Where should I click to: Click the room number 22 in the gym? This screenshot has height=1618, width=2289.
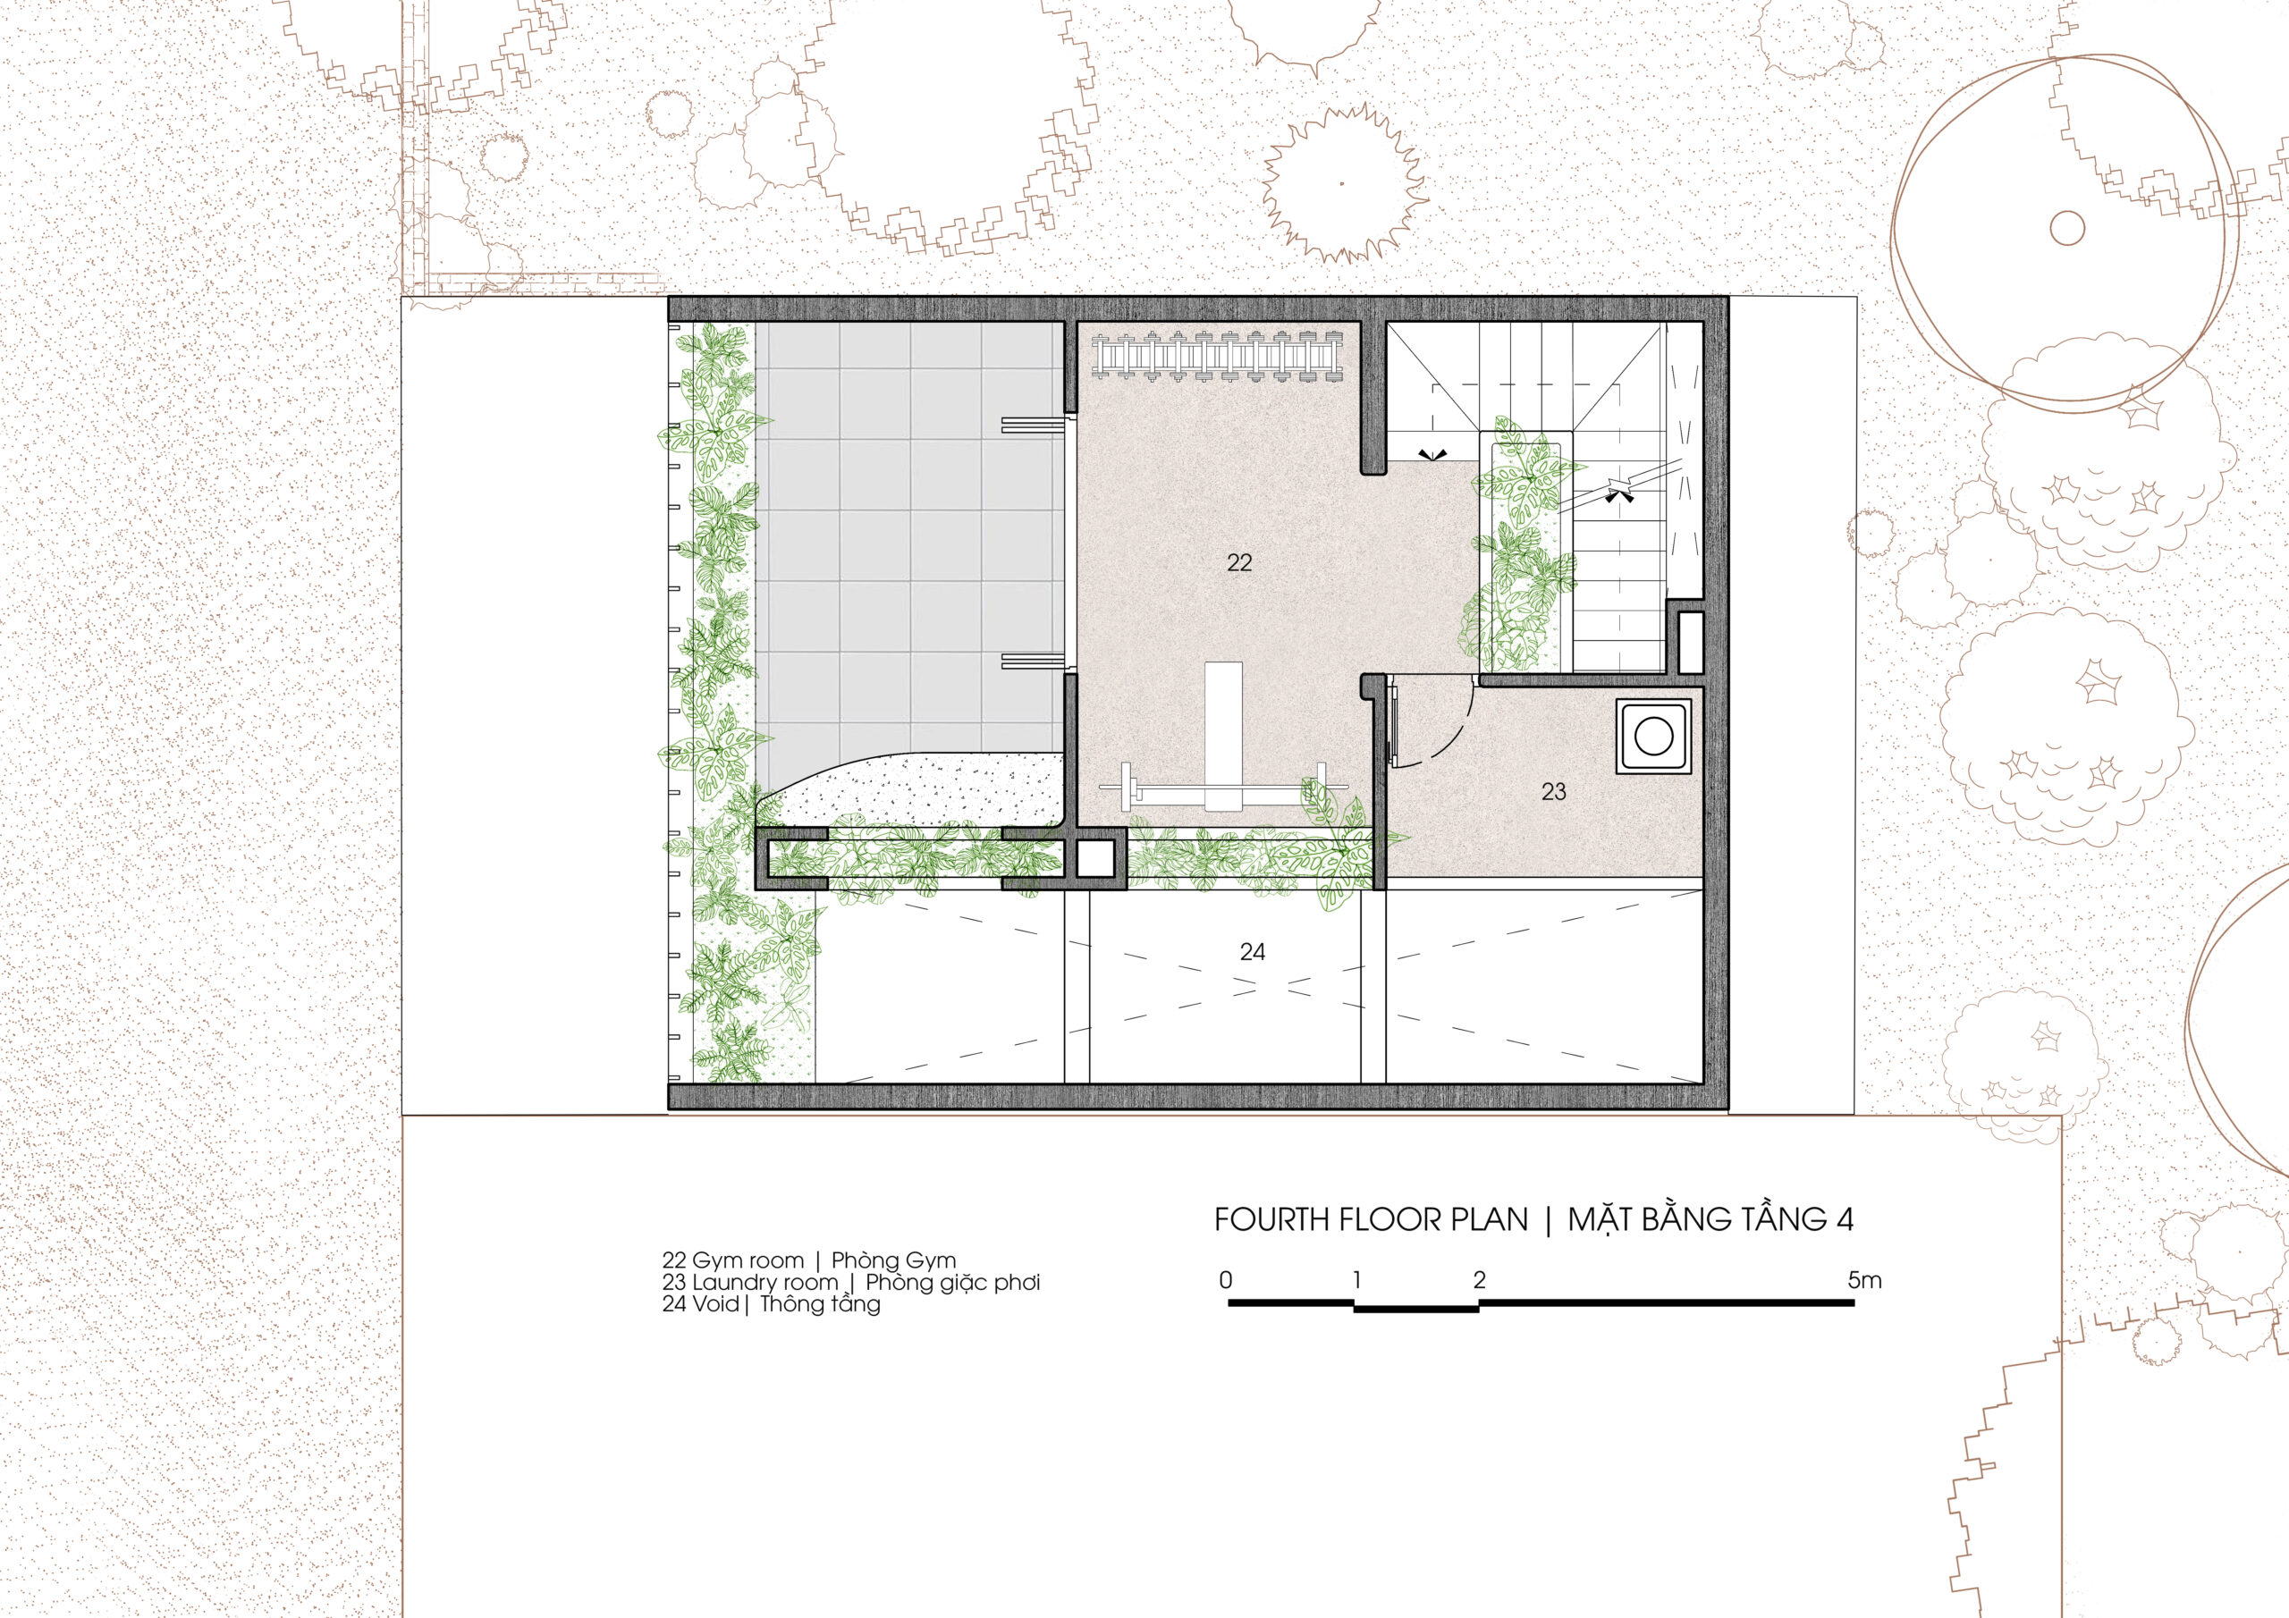point(1239,563)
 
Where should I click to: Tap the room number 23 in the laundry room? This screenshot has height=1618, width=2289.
point(1553,791)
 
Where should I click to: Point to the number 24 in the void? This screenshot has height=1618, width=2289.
point(1252,952)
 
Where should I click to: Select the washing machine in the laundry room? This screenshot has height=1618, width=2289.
point(1654,737)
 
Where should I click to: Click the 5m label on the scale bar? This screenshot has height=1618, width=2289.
point(1864,1280)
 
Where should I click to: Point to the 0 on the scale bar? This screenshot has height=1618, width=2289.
point(1226,1280)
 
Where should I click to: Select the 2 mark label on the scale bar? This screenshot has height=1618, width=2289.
point(1480,1280)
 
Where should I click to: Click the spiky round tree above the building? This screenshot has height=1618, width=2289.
point(1343,183)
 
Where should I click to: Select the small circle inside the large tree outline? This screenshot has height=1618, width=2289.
point(2066,228)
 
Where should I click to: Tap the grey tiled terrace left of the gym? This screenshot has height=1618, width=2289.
point(908,538)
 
